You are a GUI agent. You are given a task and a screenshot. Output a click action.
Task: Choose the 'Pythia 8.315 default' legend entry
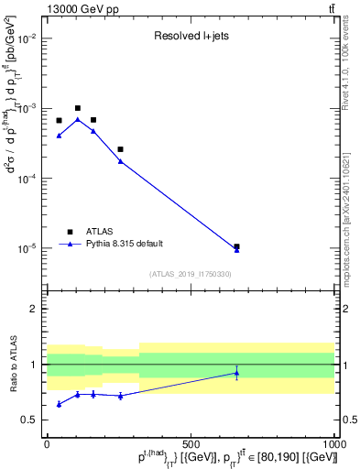tap(124, 244)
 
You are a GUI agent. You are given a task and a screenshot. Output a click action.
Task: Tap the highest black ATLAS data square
tap(78, 108)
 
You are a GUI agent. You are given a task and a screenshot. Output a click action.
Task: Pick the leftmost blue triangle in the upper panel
tap(59, 136)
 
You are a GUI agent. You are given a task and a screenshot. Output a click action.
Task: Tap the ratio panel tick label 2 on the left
tap(33, 309)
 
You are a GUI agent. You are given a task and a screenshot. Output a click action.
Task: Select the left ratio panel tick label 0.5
tap(28, 420)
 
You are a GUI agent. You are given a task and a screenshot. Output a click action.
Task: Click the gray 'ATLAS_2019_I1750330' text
tap(191, 274)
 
